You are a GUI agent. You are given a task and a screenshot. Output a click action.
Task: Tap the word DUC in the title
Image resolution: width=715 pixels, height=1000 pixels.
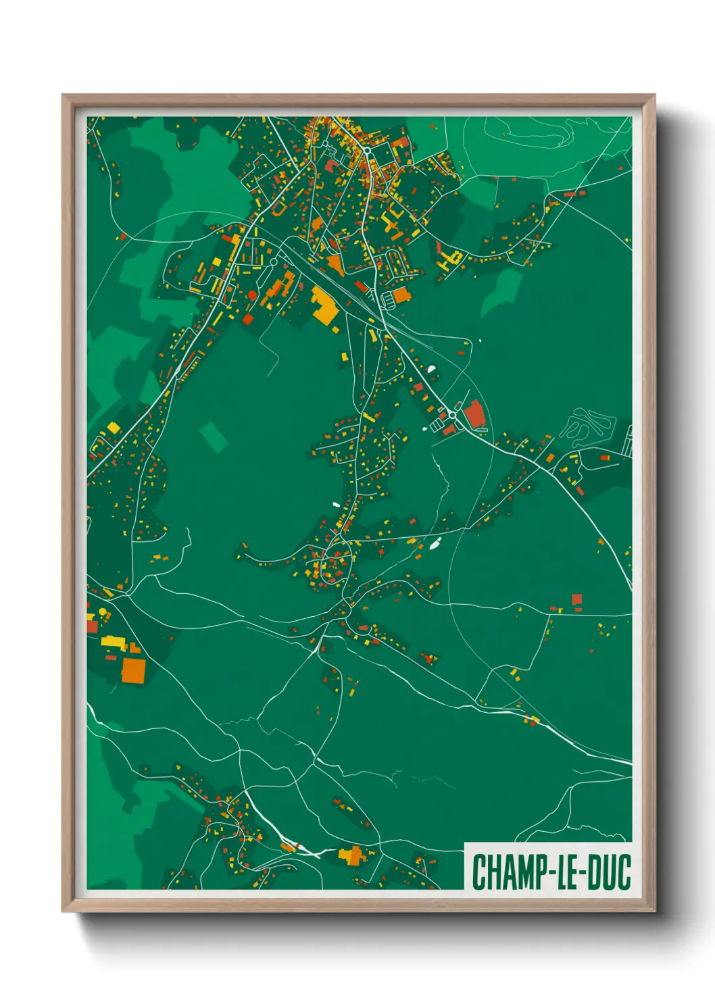click(609, 872)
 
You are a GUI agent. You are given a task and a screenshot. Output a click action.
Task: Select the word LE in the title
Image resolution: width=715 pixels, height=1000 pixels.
click(567, 872)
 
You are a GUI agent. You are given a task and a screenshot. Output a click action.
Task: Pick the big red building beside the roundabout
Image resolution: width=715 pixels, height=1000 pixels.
click(474, 414)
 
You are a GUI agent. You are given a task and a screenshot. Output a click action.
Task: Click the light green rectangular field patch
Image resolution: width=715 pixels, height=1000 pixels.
click(213, 436)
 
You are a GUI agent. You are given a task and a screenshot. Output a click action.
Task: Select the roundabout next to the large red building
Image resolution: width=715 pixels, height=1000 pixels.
click(452, 414)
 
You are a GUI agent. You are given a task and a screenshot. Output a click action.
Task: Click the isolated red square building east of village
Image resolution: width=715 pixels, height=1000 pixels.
click(576, 599)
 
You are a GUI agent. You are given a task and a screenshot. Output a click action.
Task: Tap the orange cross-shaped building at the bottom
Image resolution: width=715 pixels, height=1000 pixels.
click(351, 855)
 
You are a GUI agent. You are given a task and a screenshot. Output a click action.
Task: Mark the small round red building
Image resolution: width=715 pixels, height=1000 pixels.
click(252, 295)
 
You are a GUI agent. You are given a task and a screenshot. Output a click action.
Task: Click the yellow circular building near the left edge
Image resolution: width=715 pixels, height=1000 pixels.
click(103, 611)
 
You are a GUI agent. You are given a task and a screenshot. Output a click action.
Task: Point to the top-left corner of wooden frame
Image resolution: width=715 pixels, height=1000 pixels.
click(64, 96)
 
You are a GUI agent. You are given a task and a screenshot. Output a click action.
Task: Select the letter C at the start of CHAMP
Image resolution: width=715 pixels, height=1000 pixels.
click(478, 872)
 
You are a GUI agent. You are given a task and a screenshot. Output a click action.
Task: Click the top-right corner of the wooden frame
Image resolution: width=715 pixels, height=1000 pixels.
click(654, 96)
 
